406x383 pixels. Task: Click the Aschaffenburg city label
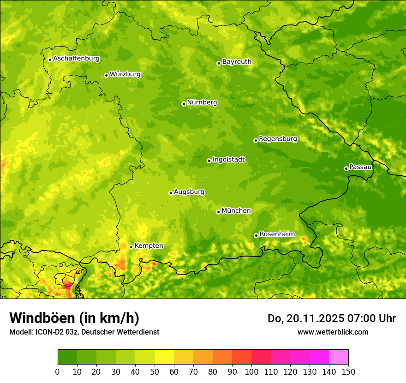point(76,59)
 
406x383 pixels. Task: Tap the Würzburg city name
point(125,74)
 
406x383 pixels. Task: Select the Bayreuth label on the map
point(237,62)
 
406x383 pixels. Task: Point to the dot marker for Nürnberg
point(184,104)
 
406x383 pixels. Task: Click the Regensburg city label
point(278,139)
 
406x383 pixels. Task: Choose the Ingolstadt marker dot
point(209,161)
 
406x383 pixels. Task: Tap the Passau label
point(360,167)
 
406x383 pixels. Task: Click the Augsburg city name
point(189,192)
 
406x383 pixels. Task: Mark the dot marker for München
point(218,212)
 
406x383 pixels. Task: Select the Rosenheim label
point(277,234)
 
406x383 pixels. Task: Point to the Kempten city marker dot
point(131,247)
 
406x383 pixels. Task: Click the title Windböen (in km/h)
point(74,318)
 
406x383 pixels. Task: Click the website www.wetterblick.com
point(333,332)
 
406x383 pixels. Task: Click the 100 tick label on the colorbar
point(251,372)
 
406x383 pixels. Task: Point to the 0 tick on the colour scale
point(58,372)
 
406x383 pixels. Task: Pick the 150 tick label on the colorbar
point(348,372)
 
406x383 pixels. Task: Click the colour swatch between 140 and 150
point(339,357)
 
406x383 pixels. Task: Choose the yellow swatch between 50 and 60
point(164,357)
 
